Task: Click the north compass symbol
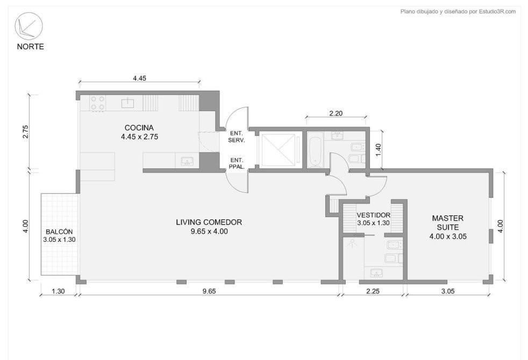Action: (28, 27)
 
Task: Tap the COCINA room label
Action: (139, 128)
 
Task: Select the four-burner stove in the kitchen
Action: (98, 103)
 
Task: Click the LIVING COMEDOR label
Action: (209, 222)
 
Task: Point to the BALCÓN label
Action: (59, 232)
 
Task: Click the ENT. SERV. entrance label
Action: (237, 136)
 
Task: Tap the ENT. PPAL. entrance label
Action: (237, 163)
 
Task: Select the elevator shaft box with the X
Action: (277, 150)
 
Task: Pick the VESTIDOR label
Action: (374, 215)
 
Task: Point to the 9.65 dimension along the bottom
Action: (209, 291)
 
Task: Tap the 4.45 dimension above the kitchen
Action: (139, 78)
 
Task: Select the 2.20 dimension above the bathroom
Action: (336, 113)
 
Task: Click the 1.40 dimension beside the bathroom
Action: (379, 150)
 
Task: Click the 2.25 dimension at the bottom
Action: (373, 291)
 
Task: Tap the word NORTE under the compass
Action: (30, 47)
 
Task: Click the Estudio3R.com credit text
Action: (497, 11)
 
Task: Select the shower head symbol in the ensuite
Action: (353, 243)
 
